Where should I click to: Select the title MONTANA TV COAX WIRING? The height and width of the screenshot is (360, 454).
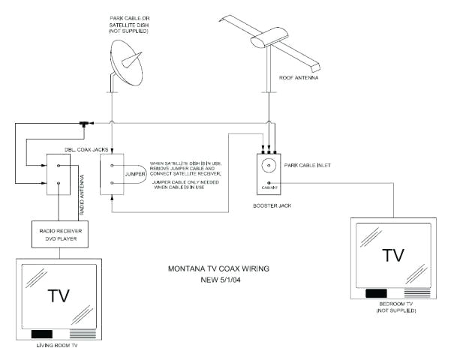[219, 268]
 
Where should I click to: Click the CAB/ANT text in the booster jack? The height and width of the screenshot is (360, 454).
[266, 187]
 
